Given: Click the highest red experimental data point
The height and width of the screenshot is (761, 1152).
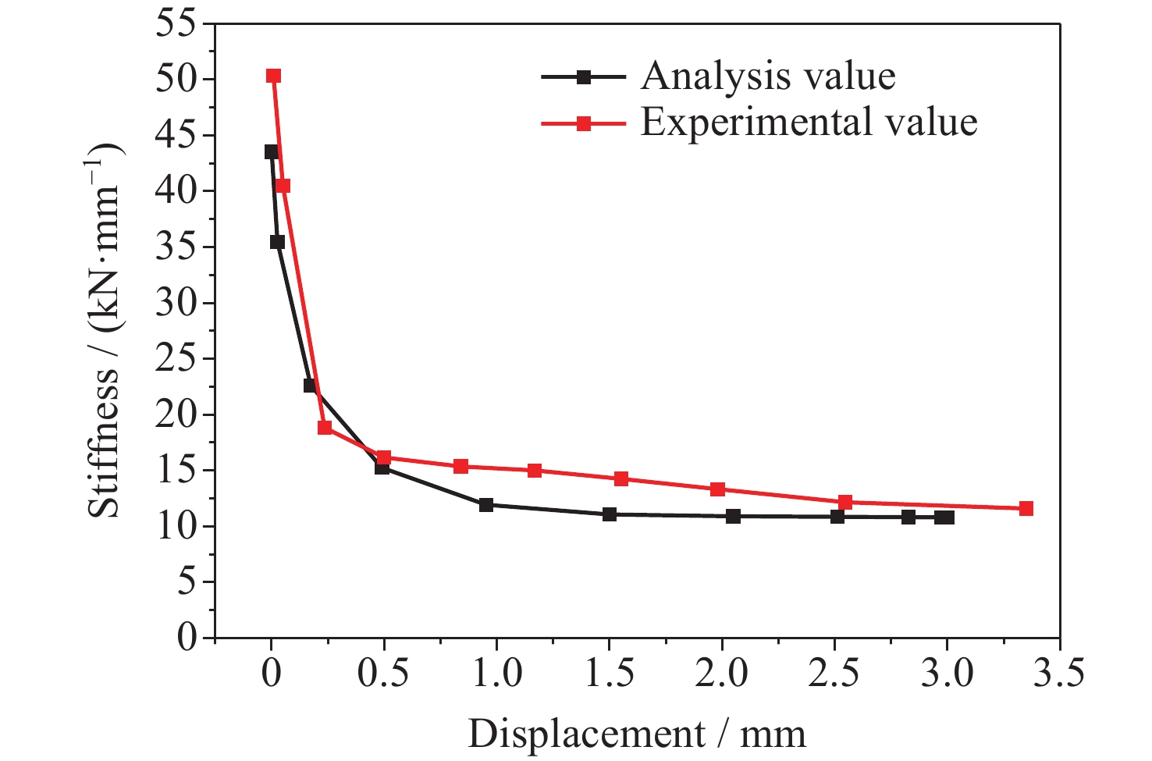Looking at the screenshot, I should [273, 76].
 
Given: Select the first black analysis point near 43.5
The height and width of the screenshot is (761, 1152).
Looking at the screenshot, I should [271, 151].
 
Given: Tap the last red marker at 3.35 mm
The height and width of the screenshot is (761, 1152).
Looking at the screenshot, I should [1026, 508].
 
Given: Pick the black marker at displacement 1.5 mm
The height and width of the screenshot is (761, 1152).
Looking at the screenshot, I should [610, 514].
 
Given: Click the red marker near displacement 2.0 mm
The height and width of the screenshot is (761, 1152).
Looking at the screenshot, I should [717, 489].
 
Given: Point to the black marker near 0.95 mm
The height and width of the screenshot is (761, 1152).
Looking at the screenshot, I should [486, 504].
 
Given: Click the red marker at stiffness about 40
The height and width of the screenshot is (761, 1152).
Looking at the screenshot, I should [283, 186].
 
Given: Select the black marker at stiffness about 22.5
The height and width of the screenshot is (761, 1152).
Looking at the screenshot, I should [310, 386].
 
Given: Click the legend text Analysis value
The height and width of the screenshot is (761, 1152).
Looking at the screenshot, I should [768, 76].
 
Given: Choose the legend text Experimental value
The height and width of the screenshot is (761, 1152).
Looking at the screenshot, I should [809, 123].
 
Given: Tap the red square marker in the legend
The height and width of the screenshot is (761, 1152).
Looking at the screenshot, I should [583, 123].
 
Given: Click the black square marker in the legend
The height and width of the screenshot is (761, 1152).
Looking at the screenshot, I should [583, 77].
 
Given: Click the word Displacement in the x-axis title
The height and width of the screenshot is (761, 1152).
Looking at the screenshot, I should [585, 734].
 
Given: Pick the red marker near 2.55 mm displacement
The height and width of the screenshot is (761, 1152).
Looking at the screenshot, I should [845, 502].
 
